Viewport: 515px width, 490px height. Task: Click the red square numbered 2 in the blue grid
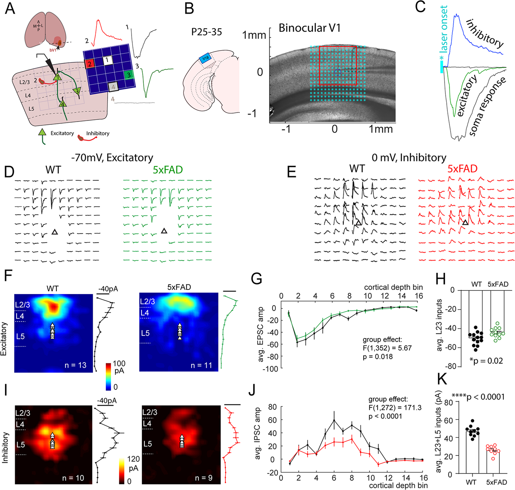point(90,64)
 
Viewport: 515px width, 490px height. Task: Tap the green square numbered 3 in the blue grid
point(129,75)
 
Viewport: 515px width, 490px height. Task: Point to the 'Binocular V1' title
point(310,28)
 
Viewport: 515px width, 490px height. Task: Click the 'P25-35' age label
point(206,32)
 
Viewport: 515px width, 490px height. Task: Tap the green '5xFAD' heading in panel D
point(168,170)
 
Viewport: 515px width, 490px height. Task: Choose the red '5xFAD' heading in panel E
point(462,169)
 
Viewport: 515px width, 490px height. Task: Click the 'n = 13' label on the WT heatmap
point(76,365)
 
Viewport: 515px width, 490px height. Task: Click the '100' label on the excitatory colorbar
point(119,363)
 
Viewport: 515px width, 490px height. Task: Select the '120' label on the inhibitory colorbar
point(133,459)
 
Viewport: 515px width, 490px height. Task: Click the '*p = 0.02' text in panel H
point(486,361)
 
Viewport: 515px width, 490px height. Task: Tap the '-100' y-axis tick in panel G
point(270,369)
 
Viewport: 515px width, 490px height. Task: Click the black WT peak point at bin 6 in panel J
point(334,420)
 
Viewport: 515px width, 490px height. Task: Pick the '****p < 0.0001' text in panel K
point(478,397)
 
